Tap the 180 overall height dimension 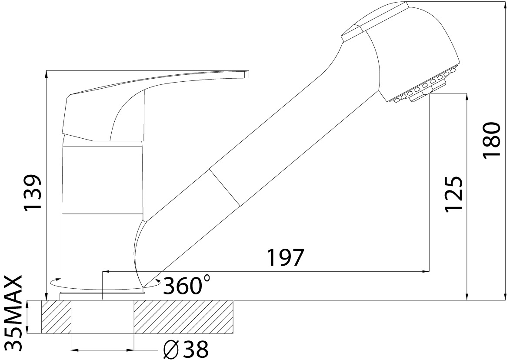point(492,140)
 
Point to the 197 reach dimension point(286,257)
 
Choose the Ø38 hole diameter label point(186,349)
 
